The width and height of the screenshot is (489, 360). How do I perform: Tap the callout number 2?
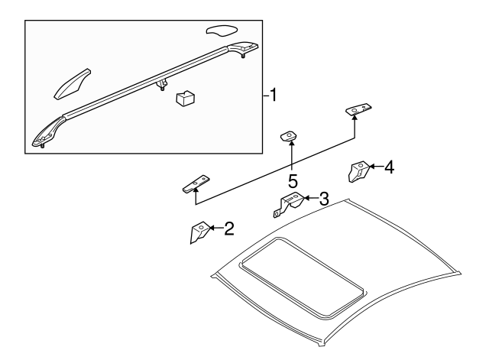(x=228, y=228)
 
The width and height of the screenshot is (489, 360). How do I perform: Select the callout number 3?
(x=324, y=199)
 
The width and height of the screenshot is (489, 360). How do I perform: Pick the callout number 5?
(x=292, y=182)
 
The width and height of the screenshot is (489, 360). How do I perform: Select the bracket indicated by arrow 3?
(x=290, y=204)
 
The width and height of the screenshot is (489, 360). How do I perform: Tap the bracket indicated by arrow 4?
(x=358, y=172)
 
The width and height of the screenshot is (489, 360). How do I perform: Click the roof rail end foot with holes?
(x=44, y=135)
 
